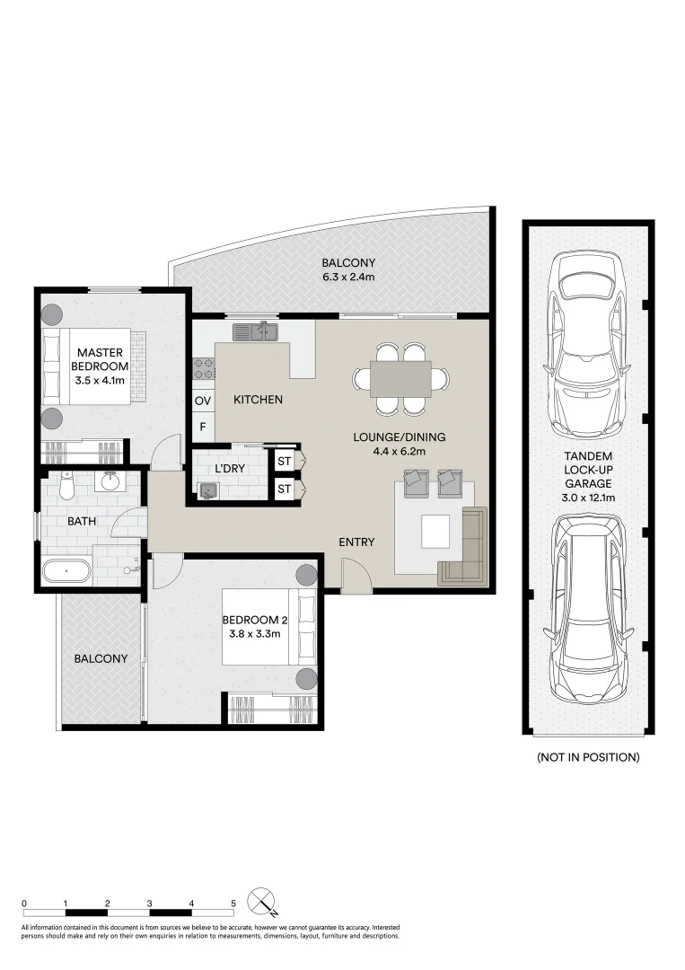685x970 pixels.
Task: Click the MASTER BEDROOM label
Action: (100, 359)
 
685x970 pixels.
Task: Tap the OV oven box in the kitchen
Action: (203, 401)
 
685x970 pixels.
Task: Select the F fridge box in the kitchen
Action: (203, 427)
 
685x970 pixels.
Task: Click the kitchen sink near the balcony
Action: (256, 332)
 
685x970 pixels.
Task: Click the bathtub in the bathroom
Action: (67, 571)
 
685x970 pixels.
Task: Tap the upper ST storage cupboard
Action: (284, 461)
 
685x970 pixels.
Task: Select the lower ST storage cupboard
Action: (284, 489)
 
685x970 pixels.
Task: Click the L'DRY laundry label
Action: (229, 468)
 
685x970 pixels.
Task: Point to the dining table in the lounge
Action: (400, 379)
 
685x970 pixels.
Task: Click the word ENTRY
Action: (356, 542)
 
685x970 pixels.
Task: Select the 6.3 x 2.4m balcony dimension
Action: (348, 278)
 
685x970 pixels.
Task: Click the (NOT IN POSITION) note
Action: (588, 756)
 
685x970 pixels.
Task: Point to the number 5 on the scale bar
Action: (233, 904)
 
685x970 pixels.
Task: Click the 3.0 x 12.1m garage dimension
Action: (588, 498)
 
